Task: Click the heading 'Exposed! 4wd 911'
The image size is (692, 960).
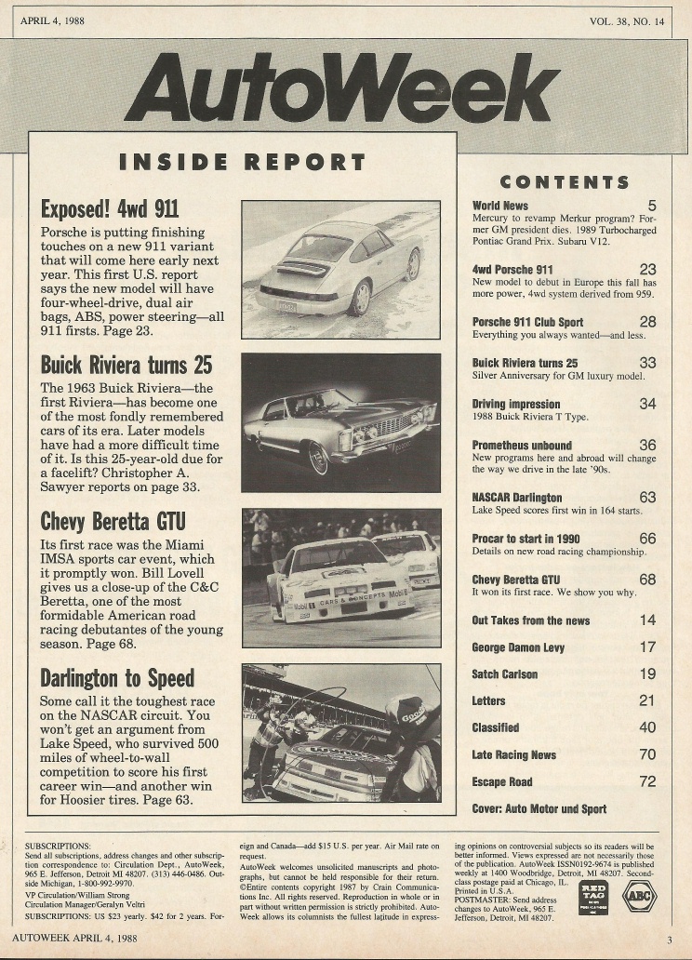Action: click(x=111, y=207)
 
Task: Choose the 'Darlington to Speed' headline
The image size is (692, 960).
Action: click(x=117, y=676)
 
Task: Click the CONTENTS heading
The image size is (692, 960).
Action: click(x=565, y=182)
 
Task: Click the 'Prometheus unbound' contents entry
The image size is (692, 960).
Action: click(x=522, y=446)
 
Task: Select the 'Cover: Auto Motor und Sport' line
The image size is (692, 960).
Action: click(x=539, y=808)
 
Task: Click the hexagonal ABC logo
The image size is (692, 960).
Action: click(x=639, y=896)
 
